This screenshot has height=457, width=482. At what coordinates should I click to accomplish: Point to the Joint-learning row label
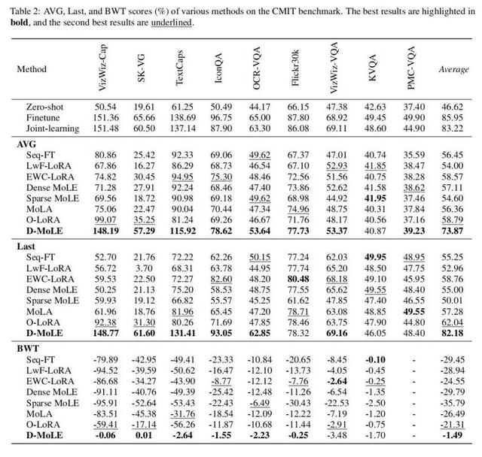[x=50, y=129]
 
